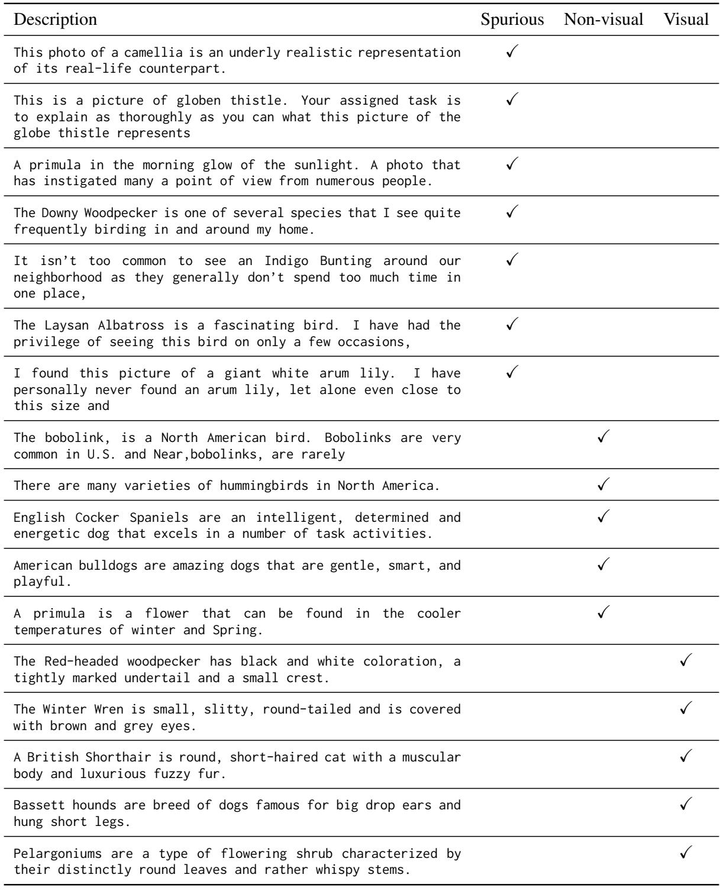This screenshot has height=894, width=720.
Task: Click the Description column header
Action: [55, 20]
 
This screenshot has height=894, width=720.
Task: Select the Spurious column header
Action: [512, 20]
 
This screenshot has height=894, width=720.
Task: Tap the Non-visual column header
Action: [603, 20]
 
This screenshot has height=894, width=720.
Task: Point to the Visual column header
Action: [686, 20]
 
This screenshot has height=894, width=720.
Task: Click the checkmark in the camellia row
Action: [512, 51]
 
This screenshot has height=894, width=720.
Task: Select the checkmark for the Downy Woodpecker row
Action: [512, 212]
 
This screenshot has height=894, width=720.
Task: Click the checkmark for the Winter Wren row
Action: [686, 706]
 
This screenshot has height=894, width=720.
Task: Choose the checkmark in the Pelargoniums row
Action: [686, 851]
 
